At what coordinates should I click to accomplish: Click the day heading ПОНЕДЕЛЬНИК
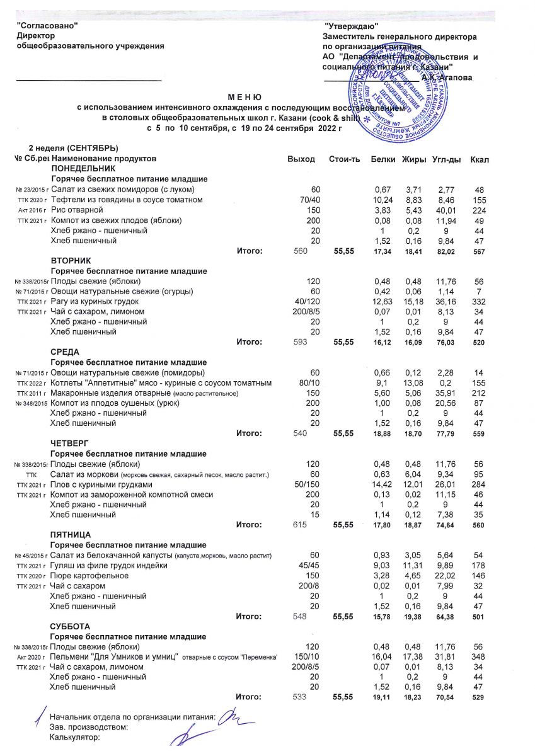(x=83, y=169)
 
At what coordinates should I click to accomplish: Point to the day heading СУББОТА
(x=70, y=627)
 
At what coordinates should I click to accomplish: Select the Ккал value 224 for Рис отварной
(x=480, y=210)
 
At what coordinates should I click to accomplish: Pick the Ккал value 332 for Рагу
(x=480, y=301)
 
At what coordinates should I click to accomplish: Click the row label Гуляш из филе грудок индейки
(x=109, y=566)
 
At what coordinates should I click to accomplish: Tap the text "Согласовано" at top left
(x=47, y=26)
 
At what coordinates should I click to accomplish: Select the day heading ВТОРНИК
(x=70, y=260)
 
